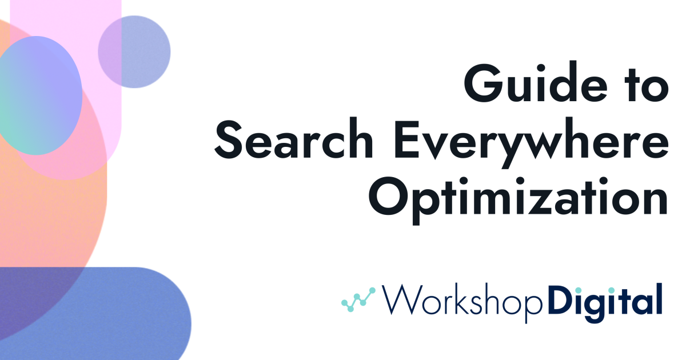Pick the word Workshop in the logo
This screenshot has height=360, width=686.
click(461, 300)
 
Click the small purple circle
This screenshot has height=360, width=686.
click(134, 51)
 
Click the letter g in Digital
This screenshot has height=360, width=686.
click(599, 304)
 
